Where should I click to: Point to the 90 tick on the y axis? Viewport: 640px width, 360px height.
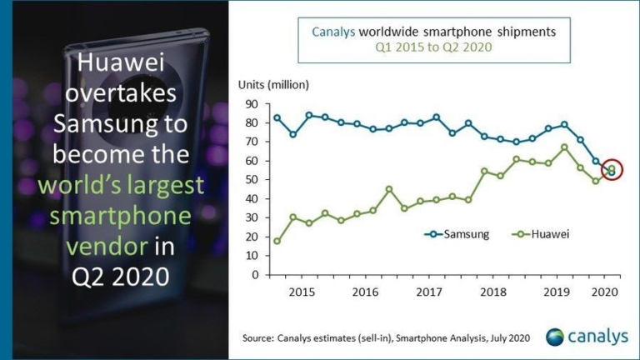pyautogui.click(x=251, y=104)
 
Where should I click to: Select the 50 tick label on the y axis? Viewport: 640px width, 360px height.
pyautogui.click(x=251, y=180)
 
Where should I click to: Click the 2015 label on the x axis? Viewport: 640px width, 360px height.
pyautogui.click(x=302, y=293)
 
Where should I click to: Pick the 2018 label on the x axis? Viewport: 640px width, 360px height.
pyautogui.click(x=492, y=293)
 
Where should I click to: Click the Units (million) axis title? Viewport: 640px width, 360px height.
pyautogui.click(x=273, y=84)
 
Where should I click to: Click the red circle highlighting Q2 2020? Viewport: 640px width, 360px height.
pyautogui.click(x=612, y=170)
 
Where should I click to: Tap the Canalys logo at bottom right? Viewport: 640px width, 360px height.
pyautogui.click(x=587, y=336)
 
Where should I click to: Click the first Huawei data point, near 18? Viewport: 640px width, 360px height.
pyautogui.click(x=277, y=241)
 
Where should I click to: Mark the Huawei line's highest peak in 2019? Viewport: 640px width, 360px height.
pyautogui.click(x=564, y=147)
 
